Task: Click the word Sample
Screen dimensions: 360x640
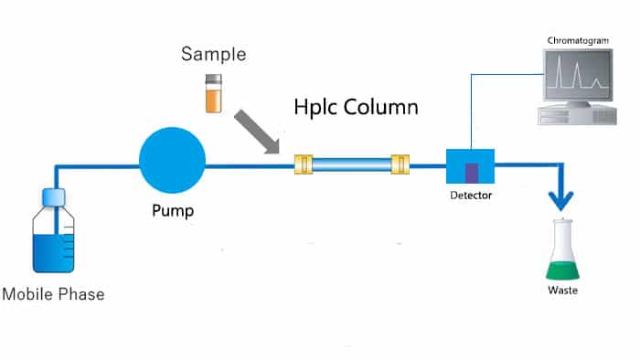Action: click(x=213, y=55)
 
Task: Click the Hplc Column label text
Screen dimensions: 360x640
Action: click(x=356, y=106)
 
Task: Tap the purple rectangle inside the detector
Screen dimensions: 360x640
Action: click(x=472, y=171)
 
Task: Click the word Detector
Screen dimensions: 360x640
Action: click(x=471, y=197)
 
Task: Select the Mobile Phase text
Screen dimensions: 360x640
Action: click(x=53, y=294)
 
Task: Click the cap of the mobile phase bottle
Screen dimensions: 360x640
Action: click(x=54, y=196)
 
